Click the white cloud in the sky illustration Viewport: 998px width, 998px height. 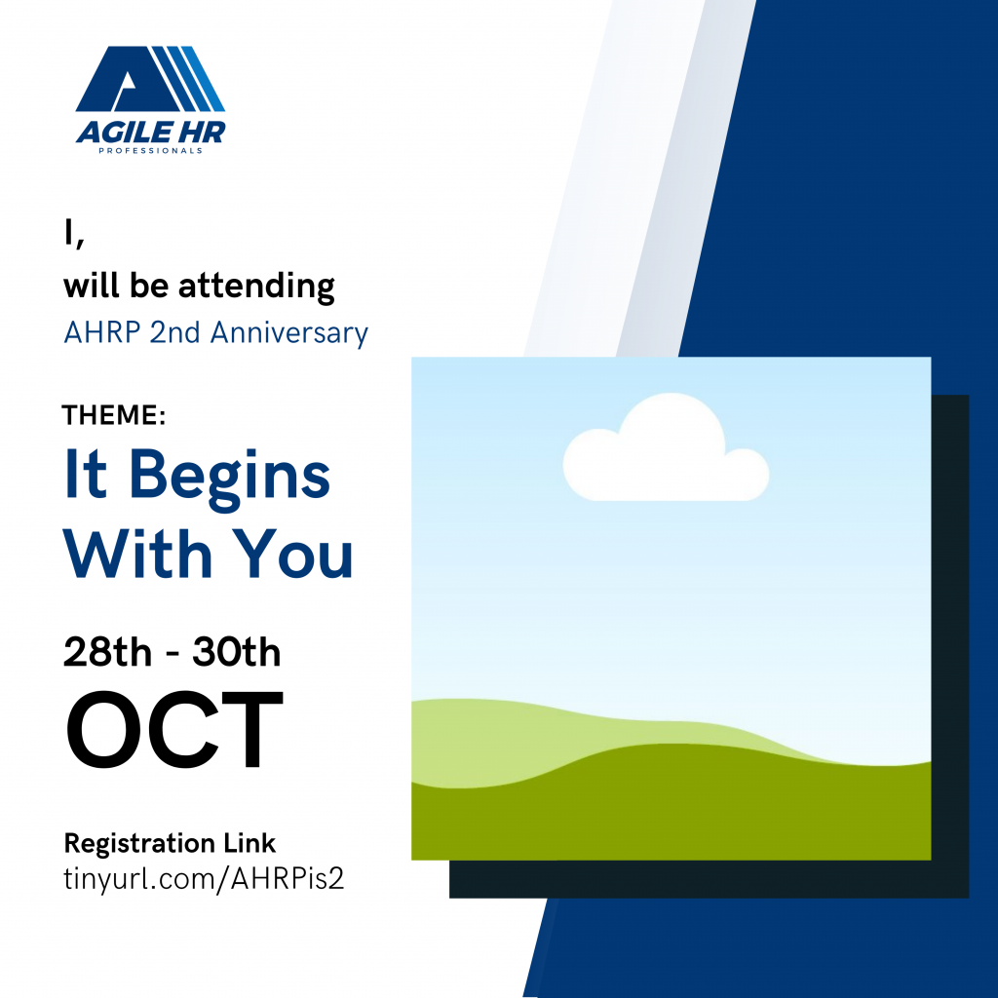tap(666, 448)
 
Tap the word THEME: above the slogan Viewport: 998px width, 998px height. tap(114, 415)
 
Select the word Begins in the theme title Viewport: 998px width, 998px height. tap(230, 479)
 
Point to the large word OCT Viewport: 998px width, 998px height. tap(174, 729)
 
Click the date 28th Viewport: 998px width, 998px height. tap(107, 652)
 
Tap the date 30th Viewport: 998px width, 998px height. tap(236, 652)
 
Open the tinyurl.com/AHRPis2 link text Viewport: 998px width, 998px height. tap(204, 878)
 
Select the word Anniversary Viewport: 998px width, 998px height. tap(288, 333)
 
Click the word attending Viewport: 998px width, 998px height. tap(256, 286)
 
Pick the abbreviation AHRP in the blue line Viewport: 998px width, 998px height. tap(101, 332)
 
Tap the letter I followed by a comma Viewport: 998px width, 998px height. tap(74, 234)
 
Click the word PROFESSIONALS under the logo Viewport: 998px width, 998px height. tap(150, 151)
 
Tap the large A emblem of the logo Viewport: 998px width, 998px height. tap(151, 79)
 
